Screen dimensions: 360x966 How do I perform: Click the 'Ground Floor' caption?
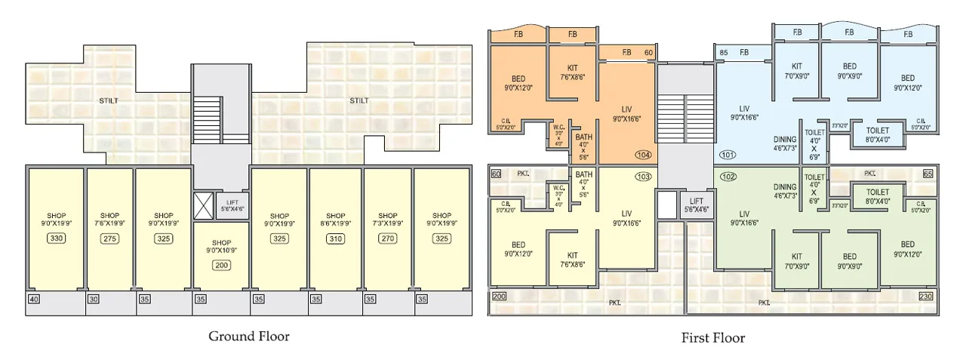(248, 337)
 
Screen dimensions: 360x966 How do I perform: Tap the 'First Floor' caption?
(712, 338)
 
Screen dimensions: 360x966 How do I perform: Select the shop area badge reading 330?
(56, 238)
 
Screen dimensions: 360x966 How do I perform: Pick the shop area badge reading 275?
(110, 238)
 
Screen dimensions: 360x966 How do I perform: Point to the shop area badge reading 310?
(336, 238)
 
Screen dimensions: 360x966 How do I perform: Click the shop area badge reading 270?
(388, 238)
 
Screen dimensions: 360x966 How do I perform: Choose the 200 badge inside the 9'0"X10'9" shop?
(221, 265)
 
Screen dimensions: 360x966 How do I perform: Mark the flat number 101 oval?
(728, 155)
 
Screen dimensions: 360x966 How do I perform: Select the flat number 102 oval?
(728, 177)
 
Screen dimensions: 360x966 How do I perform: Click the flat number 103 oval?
(643, 177)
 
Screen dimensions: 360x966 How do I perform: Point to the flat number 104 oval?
(643, 155)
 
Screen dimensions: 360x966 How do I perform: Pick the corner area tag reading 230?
(926, 297)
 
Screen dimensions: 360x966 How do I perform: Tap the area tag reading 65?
(928, 174)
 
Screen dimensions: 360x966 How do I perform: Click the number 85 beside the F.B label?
(724, 52)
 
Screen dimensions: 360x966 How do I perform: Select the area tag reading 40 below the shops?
(33, 299)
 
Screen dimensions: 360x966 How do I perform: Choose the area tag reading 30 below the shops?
(94, 299)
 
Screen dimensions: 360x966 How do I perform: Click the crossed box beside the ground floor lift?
(204, 205)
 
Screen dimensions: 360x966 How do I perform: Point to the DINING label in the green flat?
(785, 187)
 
